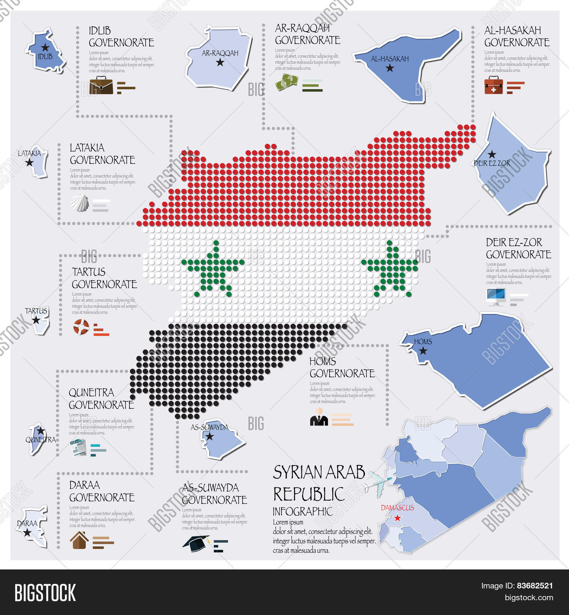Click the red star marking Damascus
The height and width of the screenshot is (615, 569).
(x=397, y=518)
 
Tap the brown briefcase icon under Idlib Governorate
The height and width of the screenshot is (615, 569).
(x=101, y=85)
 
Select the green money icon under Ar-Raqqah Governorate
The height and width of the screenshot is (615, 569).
(x=286, y=82)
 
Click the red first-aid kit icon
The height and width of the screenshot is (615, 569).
(x=494, y=85)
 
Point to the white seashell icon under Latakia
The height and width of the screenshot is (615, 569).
(x=80, y=203)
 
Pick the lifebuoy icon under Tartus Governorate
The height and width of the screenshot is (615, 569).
(x=81, y=327)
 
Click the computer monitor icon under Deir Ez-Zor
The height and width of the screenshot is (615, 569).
(x=496, y=297)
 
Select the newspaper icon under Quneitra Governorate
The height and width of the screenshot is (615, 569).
(x=78, y=447)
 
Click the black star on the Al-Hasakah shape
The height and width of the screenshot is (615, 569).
(x=390, y=68)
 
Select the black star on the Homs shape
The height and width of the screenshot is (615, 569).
(x=423, y=351)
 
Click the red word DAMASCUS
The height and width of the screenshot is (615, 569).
(x=397, y=508)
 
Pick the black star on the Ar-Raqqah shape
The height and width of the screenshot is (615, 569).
(x=220, y=62)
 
